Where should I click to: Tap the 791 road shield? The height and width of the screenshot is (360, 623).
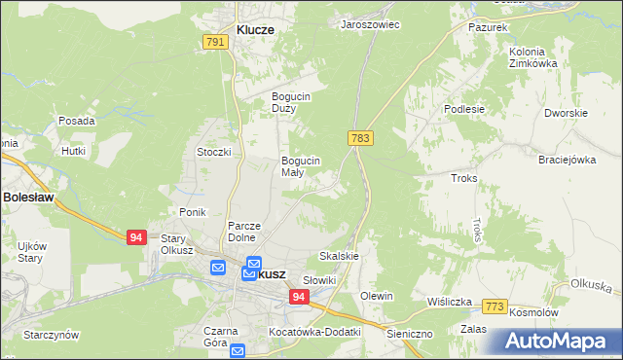(x=215, y=42)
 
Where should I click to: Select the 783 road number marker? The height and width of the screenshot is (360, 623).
(x=360, y=138)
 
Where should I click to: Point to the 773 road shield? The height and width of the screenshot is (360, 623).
(x=495, y=307)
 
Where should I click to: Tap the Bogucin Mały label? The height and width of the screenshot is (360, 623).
(x=300, y=166)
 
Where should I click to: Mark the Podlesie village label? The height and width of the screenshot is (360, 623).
(x=464, y=109)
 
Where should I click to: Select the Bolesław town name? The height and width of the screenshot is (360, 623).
(x=27, y=197)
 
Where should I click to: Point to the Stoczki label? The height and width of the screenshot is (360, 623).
(x=213, y=152)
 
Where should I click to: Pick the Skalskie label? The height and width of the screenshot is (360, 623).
(x=339, y=257)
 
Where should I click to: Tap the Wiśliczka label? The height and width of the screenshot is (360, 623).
(x=450, y=302)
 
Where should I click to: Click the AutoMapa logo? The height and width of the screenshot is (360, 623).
(x=557, y=342)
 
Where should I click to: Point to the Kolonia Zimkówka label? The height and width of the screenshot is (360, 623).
(x=532, y=57)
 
